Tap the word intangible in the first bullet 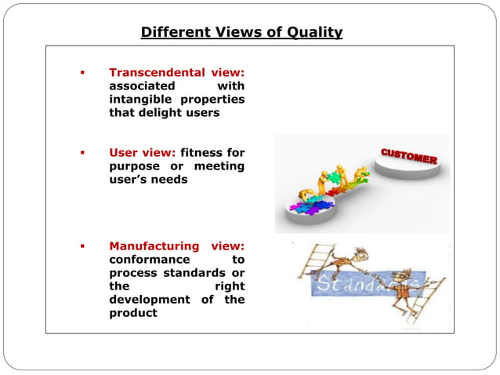[142, 99]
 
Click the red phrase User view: [143, 152]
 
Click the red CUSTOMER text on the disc [408, 155]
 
